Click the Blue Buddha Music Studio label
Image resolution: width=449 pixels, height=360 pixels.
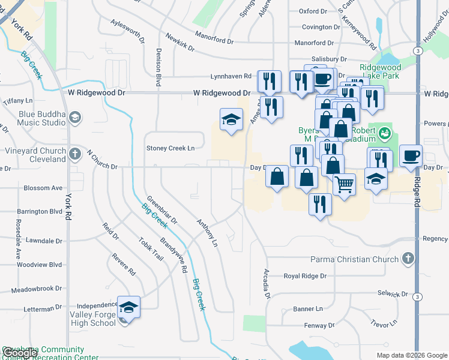(x=33, y=118)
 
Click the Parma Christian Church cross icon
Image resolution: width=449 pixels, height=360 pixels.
(x=408, y=259)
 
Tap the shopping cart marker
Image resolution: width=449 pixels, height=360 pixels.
(x=344, y=184)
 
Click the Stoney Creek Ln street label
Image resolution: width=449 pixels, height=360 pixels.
(x=171, y=148)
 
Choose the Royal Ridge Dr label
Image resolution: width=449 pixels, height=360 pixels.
(x=305, y=277)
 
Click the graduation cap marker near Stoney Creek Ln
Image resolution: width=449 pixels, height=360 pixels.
(x=231, y=120)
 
